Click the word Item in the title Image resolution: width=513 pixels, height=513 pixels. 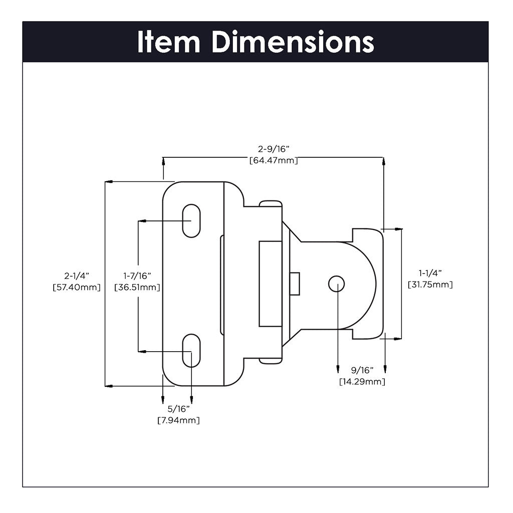click(168, 42)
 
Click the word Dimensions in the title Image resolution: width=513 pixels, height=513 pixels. click(293, 42)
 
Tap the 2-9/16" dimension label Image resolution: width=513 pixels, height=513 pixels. click(274, 149)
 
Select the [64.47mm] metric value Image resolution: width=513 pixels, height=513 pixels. click(274, 161)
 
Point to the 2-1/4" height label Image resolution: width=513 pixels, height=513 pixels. click(76, 276)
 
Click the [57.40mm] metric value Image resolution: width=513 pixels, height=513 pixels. click(76, 288)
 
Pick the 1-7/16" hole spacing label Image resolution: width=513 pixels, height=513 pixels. click(137, 276)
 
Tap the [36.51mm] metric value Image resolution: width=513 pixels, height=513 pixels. click(137, 288)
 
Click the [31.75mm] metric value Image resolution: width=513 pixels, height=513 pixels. click(430, 285)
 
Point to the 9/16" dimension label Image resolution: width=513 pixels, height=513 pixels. click(362, 370)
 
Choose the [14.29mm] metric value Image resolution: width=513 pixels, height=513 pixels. click(362, 382)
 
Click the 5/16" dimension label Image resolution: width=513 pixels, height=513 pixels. click(178, 408)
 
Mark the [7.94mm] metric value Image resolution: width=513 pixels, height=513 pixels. click(178, 420)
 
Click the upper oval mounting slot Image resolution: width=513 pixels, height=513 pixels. click(190, 220)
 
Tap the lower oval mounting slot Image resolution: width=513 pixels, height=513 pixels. click(190, 351)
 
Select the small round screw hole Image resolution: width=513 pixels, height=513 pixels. click(336, 284)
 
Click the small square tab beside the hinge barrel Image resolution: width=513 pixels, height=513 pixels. click(295, 284)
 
